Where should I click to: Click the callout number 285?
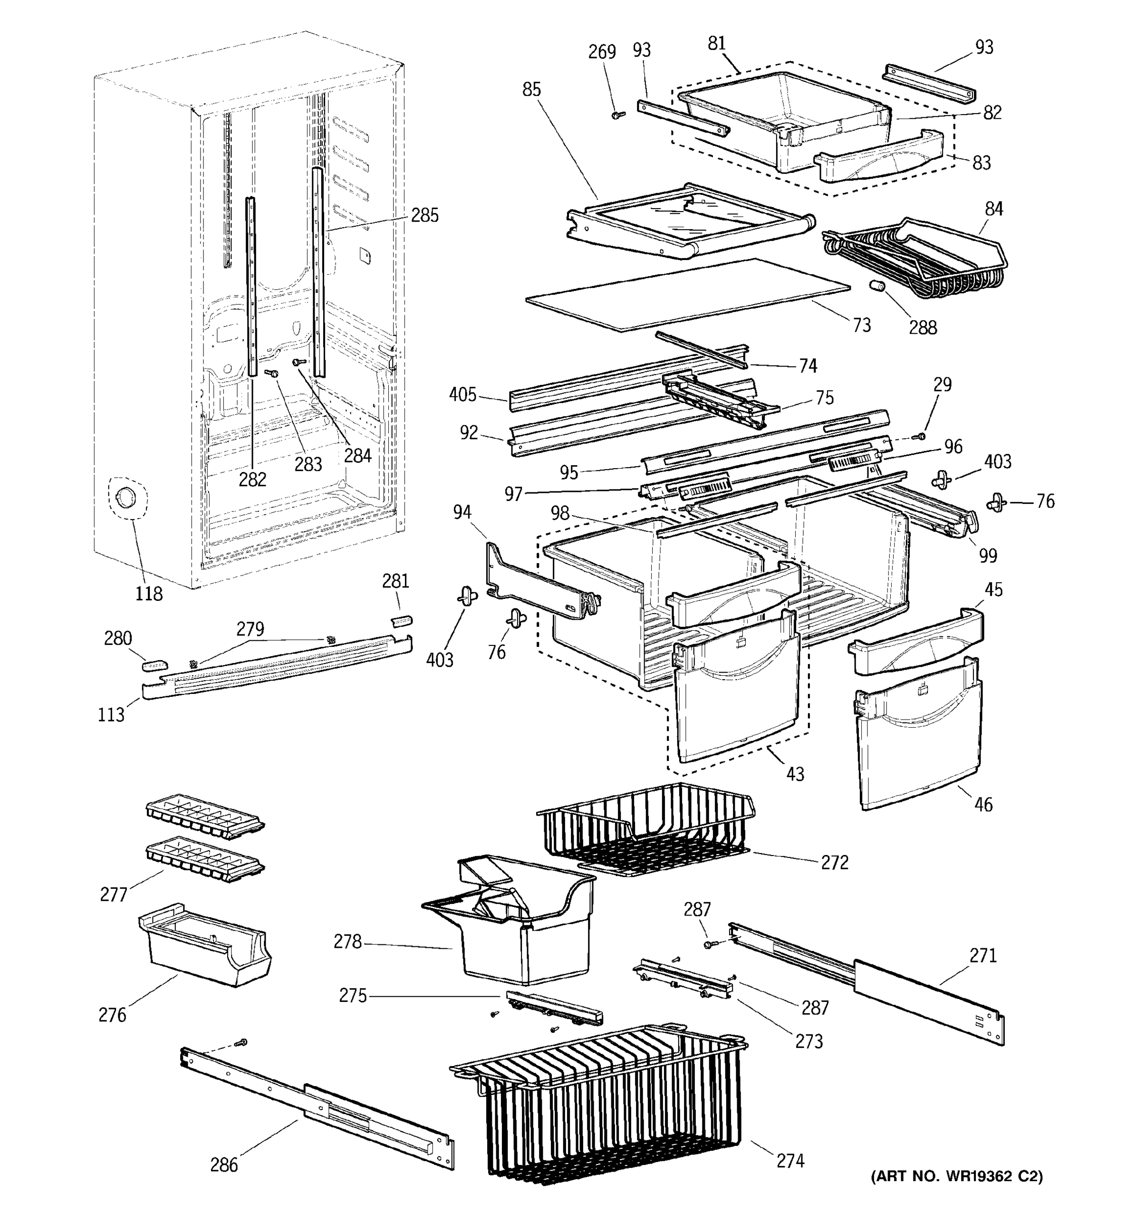[x=424, y=215]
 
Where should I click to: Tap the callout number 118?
[x=149, y=593]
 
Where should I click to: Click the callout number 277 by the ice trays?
[x=114, y=894]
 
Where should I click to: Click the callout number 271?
[x=983, y=955]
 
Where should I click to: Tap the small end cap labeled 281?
[x=401, y=621]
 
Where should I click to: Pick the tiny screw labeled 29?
[x=921, y=436]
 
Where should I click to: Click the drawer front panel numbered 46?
[x=920, y=744]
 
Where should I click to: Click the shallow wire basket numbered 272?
[x=646, y=829]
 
